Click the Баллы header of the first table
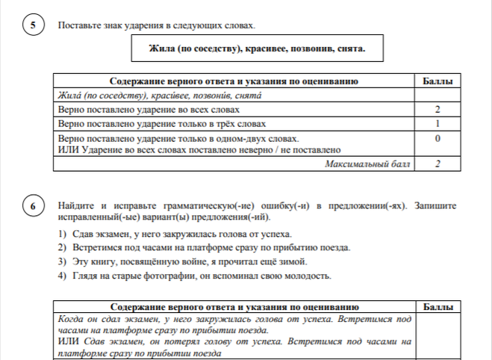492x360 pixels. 436,81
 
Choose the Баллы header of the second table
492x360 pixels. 436,306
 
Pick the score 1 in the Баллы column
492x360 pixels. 436,122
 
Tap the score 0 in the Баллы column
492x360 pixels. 436,139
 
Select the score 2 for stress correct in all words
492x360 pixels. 436,109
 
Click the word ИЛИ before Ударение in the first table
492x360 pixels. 67,149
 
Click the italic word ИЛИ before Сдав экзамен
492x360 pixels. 68,341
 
